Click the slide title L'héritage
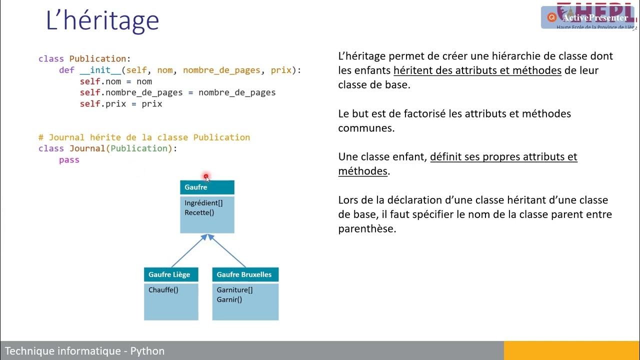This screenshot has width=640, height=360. click(x=102, y=21)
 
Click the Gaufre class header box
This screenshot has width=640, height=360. click(x=207, y=187)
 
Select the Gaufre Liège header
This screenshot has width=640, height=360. click(x=171, y=274)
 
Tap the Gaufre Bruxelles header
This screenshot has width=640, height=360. click(x=245, y=274)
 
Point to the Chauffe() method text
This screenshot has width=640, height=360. click(x=163, y=289)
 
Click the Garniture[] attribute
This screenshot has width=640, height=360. click(x=234, y=289)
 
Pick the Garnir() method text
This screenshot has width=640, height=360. click(x=229, y=299)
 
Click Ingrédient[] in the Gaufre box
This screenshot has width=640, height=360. click(x=203, y=203)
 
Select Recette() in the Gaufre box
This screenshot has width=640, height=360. click(x=199, y=212)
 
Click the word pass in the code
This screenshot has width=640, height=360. click(x=69, y=160)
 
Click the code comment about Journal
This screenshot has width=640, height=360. click(x=144, y=137)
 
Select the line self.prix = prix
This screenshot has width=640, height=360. click(x=121, y=104)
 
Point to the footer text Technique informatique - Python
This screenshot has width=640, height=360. click(x=84, y=351)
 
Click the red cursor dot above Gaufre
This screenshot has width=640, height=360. click(x=206, y=176)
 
